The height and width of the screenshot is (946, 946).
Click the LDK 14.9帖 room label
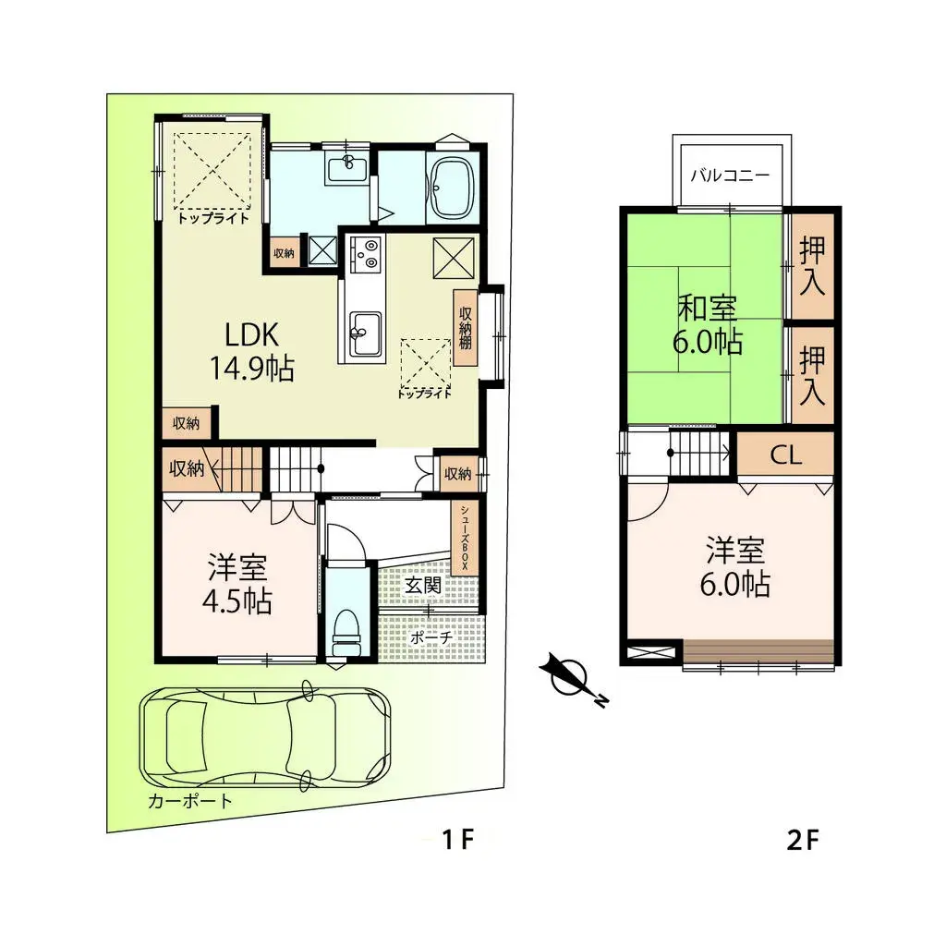tap(247, 351)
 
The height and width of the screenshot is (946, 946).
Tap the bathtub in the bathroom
tap(450, 189)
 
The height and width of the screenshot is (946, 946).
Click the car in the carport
tap(264, 736)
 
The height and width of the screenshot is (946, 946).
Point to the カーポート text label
tap(189, 801)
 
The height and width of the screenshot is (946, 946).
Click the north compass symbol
tap(567, 678)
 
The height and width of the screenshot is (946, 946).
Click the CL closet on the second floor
tap(786, 455)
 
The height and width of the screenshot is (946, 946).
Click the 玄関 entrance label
tap(421, 585)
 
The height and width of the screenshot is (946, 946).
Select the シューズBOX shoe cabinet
tap(465, 537)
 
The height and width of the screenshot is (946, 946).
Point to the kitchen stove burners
tap(365, 254)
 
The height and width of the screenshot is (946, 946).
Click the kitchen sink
tap(364, 328)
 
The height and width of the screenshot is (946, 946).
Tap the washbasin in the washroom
tap(348, 166)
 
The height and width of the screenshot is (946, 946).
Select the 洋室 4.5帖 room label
tap(238, 584)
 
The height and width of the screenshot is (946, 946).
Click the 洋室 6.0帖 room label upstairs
tap(738, 567)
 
